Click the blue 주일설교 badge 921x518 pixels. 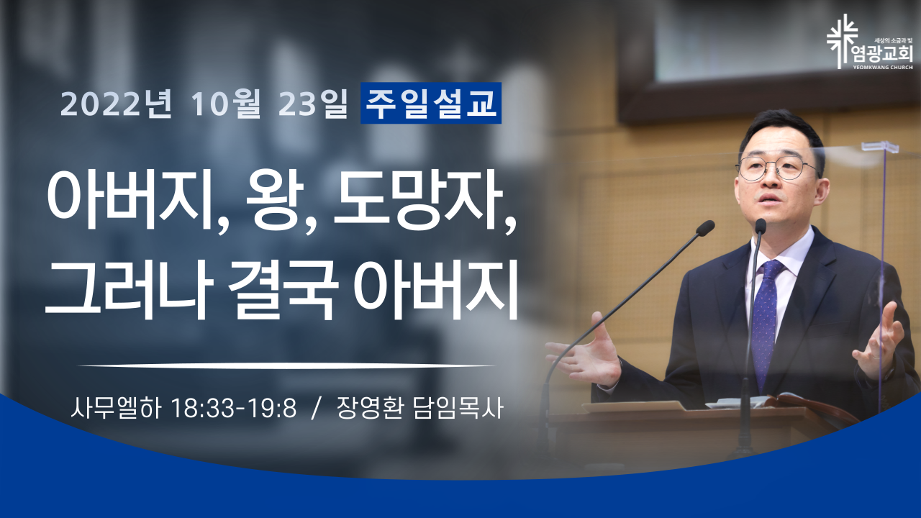pos(431,103)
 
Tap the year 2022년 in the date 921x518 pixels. pos(117,104)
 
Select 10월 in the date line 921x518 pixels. pos(226,104)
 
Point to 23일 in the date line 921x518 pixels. pos(313,104)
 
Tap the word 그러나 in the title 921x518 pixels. pos(128,289)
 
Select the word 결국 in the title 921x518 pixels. pos(283,289)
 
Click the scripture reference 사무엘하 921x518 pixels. pos(116,408)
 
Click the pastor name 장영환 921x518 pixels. pos(369,408)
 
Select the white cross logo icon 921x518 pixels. pos(842,41)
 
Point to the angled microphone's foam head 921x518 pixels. pos(705,228)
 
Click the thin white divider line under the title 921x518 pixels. pos(286,365)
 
